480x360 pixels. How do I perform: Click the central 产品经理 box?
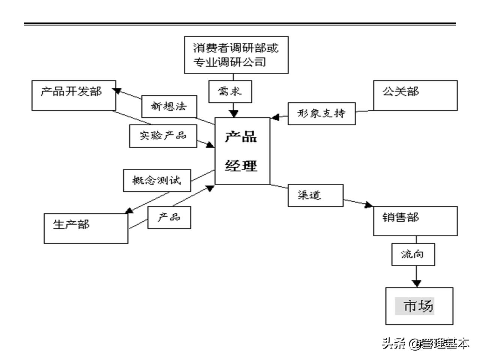242,151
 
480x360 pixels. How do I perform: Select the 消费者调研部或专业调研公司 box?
236,55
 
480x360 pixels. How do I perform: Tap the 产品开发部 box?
73,95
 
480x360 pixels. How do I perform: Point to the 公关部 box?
415,95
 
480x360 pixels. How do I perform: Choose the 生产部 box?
86,228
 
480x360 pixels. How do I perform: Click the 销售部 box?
415,221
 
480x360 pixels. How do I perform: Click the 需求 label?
230,91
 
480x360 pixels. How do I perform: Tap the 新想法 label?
169,106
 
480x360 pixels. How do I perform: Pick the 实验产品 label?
163,136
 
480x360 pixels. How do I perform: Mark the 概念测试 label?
157,180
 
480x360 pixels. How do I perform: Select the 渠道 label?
315,195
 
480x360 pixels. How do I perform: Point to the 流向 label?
413,255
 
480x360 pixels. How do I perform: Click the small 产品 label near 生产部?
169,217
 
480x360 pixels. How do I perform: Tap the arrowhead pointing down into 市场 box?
416,283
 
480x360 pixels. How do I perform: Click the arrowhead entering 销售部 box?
369,205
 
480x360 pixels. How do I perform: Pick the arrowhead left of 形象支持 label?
275,117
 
